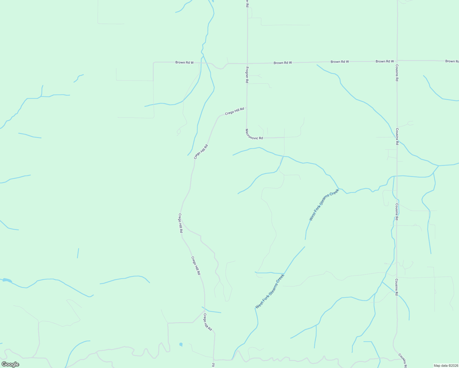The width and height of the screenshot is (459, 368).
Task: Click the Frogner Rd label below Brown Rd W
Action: (x=247, y=75)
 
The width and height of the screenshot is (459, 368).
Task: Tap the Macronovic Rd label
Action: (x=254, y=134)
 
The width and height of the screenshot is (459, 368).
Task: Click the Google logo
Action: (x=10, y=364)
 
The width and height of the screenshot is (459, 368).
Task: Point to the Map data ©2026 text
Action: (x=445, y=366)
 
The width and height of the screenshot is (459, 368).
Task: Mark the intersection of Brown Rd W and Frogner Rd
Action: (x=247, y=63)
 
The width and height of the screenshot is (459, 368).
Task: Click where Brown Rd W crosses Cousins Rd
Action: (x=397, y=61)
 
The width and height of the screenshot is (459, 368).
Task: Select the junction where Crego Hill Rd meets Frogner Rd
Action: (x=247, y=108)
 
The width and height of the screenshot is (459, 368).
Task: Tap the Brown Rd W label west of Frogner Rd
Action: (x=184, y=62)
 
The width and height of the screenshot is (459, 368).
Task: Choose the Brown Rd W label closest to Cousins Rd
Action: (x=384, y=61)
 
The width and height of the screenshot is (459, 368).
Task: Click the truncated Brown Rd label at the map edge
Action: (x=452, y=61)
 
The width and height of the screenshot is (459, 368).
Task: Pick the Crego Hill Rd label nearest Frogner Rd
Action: (x=234, y=111)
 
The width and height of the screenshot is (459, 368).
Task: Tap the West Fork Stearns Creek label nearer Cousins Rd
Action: (x=324, y=205)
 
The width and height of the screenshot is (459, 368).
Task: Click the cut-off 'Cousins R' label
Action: (x=403, y=361)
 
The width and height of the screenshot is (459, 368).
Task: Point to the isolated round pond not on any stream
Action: (x=181, y=344)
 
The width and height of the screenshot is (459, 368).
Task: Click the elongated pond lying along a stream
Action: (x=7, y=280)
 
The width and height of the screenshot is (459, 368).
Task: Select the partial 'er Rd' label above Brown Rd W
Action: (x=247, y=3)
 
